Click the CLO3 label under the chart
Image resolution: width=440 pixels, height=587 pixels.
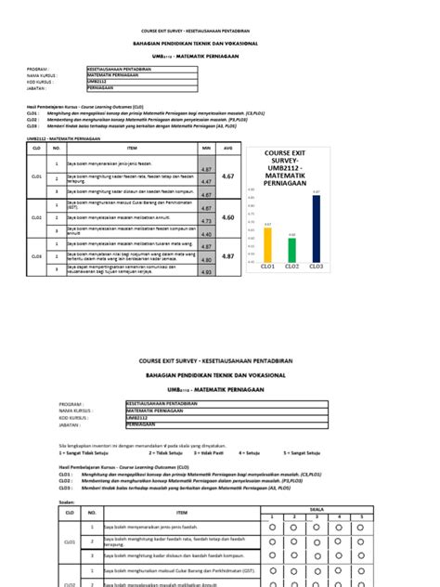(x=316, y=267)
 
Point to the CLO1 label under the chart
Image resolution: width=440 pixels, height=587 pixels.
(x=267, y=267)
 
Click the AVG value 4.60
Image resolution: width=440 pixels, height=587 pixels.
(x=228, y=216)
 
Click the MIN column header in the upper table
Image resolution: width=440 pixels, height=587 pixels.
(x=207, y=147)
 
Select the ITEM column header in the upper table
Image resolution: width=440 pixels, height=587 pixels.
(x=132, y=147)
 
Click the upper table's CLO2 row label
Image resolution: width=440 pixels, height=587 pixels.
(x=37, y=216)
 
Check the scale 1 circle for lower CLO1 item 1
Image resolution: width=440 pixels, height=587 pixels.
(x=272, y=527)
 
